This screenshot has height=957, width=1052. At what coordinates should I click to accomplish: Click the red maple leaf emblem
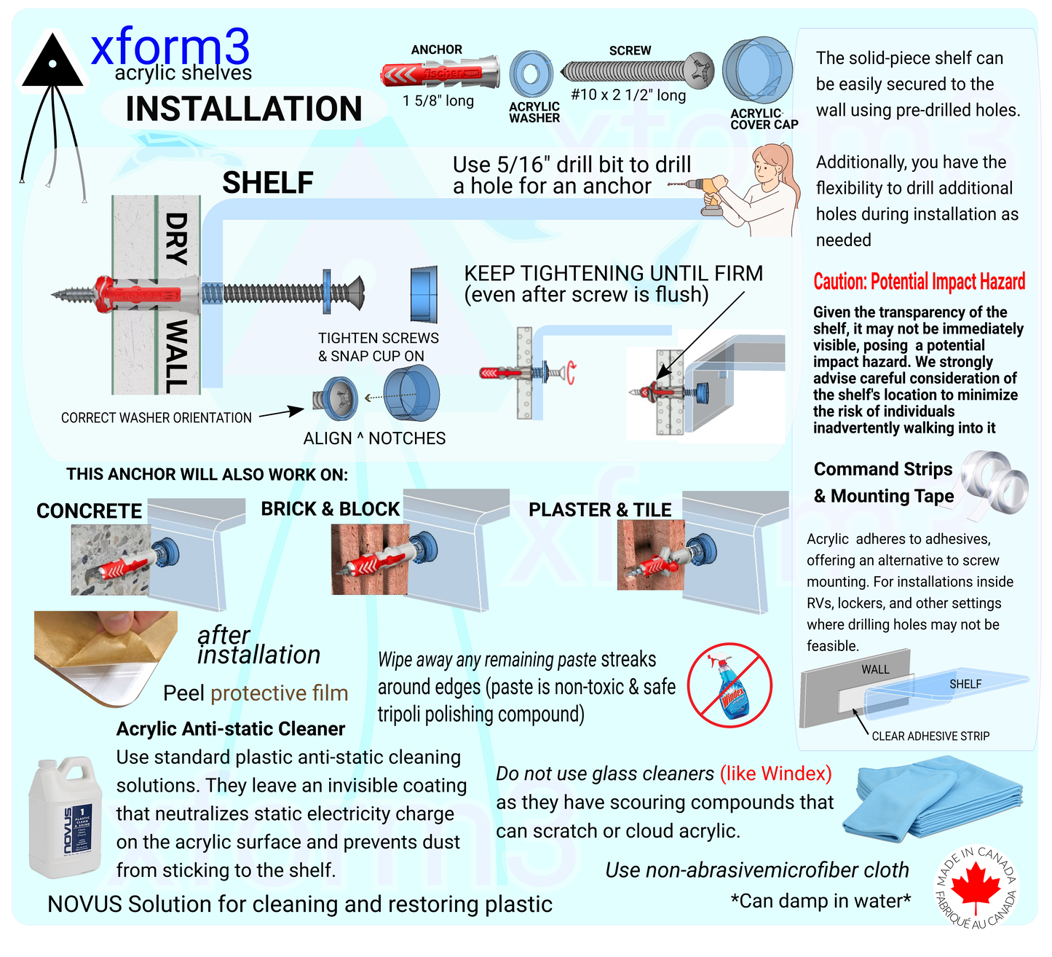[x=976, y=888]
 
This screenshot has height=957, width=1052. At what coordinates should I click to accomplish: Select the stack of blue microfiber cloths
[x=940, y=799]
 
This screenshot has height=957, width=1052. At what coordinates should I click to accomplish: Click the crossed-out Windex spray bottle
[x=729, y=685]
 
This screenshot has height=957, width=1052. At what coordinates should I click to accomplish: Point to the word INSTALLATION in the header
[x=244, y=109]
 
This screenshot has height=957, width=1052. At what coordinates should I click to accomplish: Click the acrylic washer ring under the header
[x=531, y=74]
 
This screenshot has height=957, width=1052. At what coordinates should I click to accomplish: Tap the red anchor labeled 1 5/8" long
[x=440, y=74]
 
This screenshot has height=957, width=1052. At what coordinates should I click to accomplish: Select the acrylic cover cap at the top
[x=758, y=72]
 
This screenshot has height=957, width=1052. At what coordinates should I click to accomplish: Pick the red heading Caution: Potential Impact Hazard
[x=919, y=282]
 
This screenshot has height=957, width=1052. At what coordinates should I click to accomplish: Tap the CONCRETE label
[x=90, y=511]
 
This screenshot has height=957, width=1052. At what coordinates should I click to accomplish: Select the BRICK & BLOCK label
[x=331, y=509]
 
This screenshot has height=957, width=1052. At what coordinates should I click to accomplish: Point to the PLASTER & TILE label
[x=600, y=510]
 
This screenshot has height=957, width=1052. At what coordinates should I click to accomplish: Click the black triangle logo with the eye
[x=52, y=64]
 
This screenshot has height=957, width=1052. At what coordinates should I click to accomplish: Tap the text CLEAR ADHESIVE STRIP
[x=930, y=736]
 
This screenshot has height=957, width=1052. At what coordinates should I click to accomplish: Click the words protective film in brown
[x=279, y=693]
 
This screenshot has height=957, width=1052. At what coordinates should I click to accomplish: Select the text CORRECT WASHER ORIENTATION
[x=157, y=418]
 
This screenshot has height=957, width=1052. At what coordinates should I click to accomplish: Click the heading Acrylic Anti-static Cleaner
[x=231, y=729]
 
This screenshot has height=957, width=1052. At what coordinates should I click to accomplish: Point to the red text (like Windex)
[x=775, y=773]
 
